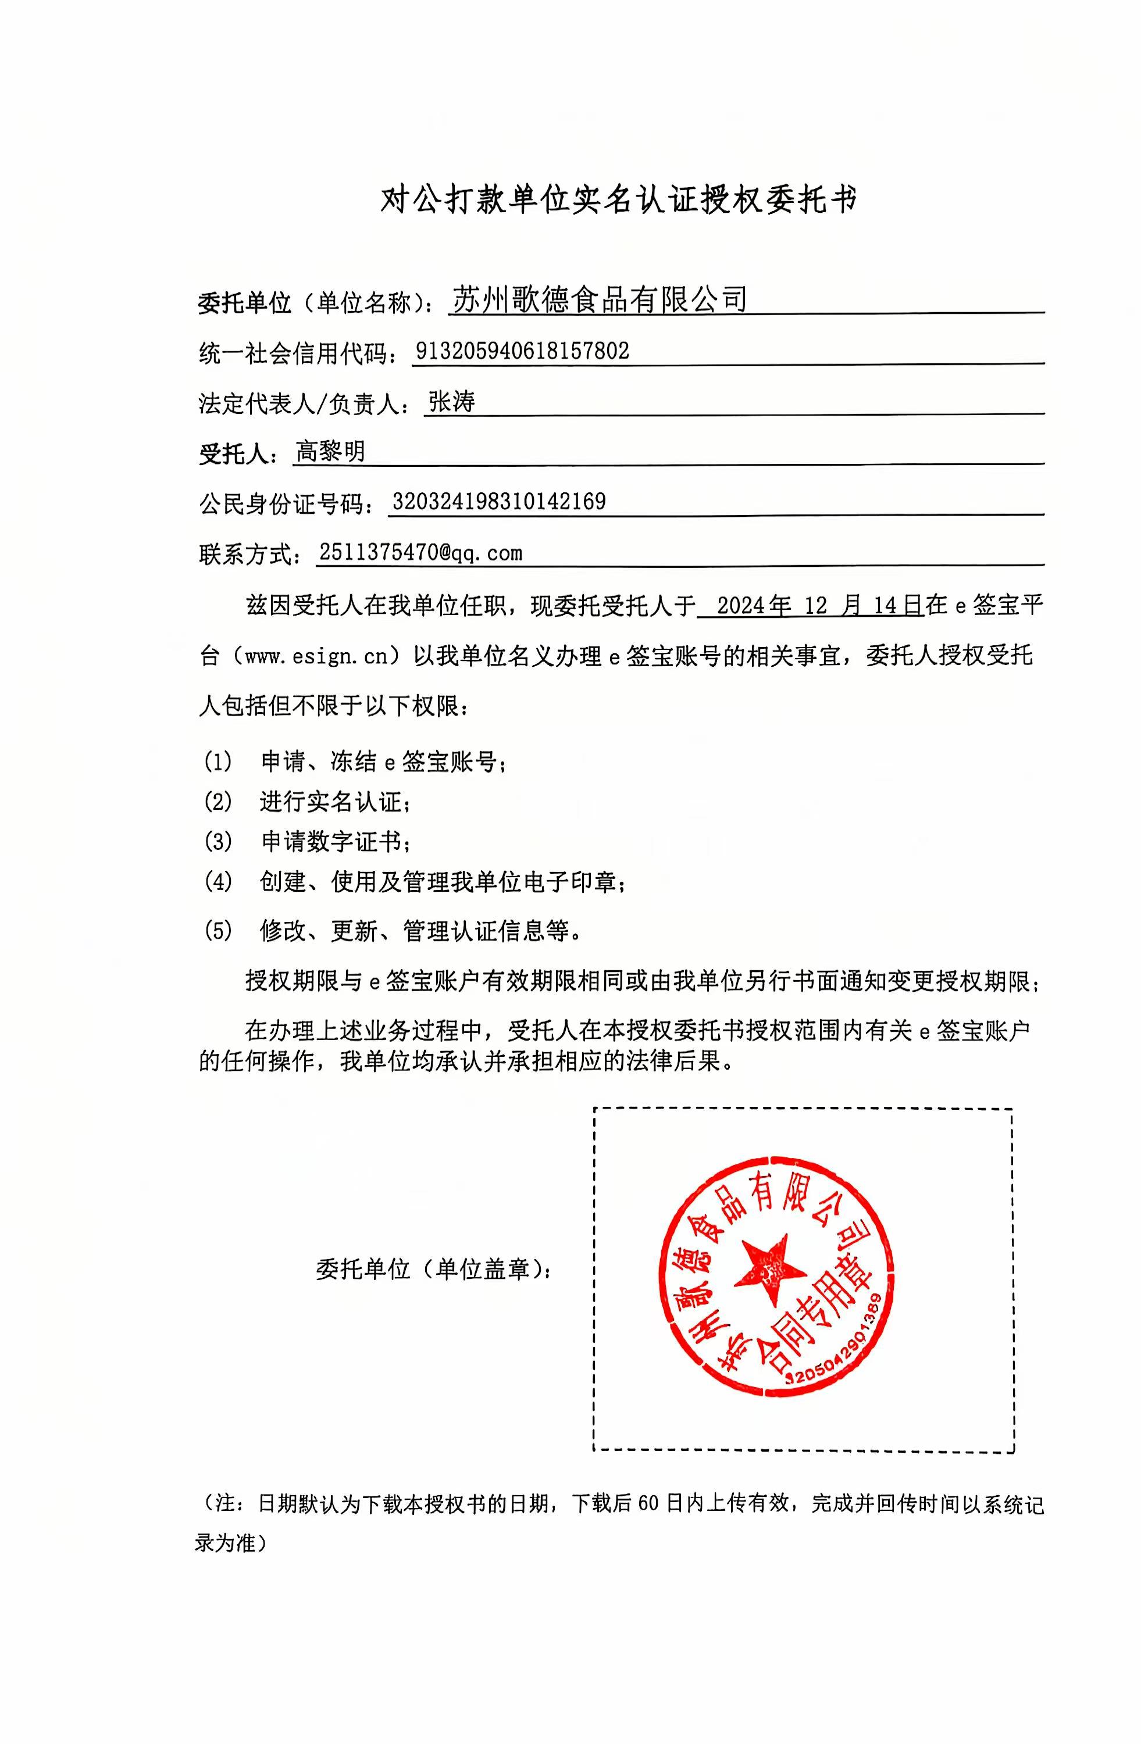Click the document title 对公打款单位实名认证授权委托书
click(x=618, y=199)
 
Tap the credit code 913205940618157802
click(x=522, y=351)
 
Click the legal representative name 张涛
click(x=452, y=402)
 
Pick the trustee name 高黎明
click(x=330, y=451)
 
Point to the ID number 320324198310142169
click(x=499, y=502)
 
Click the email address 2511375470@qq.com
click(x=420, y=552)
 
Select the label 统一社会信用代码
click(x=293, y=353)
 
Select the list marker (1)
click(x=217, y=762)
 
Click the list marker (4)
click(x=217, y=881)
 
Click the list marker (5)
click(x=217, y=931)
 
